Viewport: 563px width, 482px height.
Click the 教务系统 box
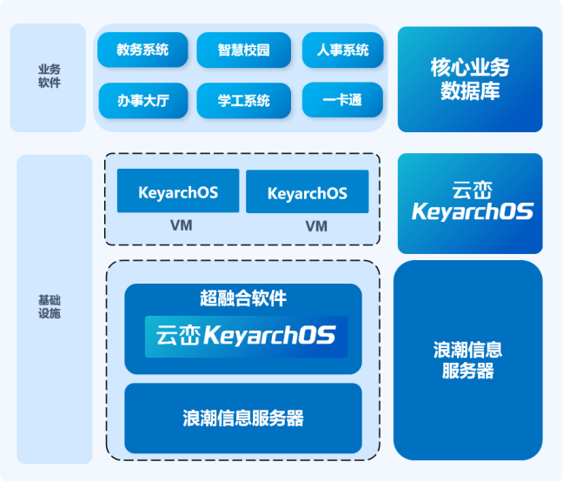pos(142,50)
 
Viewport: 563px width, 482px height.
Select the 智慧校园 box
pos(243,50)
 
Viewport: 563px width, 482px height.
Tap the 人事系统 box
pos(341,50)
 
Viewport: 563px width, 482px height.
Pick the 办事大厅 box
pos(142,100)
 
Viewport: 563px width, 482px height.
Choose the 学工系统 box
pos(243,100)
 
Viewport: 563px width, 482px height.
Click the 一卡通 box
pos(341,100)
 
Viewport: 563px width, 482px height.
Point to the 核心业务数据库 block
pos(470,79)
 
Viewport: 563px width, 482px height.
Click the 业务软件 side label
pos(49,77)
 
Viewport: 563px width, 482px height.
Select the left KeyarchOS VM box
pos(178,191)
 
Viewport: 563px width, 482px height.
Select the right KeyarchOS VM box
pos(307,192)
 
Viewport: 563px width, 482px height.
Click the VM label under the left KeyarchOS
pos(181,225)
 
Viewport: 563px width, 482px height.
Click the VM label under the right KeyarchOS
pos(316,226)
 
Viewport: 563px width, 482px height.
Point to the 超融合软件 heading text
pos(243,298)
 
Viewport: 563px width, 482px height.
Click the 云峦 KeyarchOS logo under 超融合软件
pos(246,337)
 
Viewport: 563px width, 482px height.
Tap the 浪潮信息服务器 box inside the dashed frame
pos(243,418)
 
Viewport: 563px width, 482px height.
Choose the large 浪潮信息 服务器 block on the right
pos(468,360)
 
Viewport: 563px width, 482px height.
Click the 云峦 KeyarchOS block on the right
pos(470,204)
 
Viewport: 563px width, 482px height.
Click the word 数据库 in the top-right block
pos(470,91)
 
